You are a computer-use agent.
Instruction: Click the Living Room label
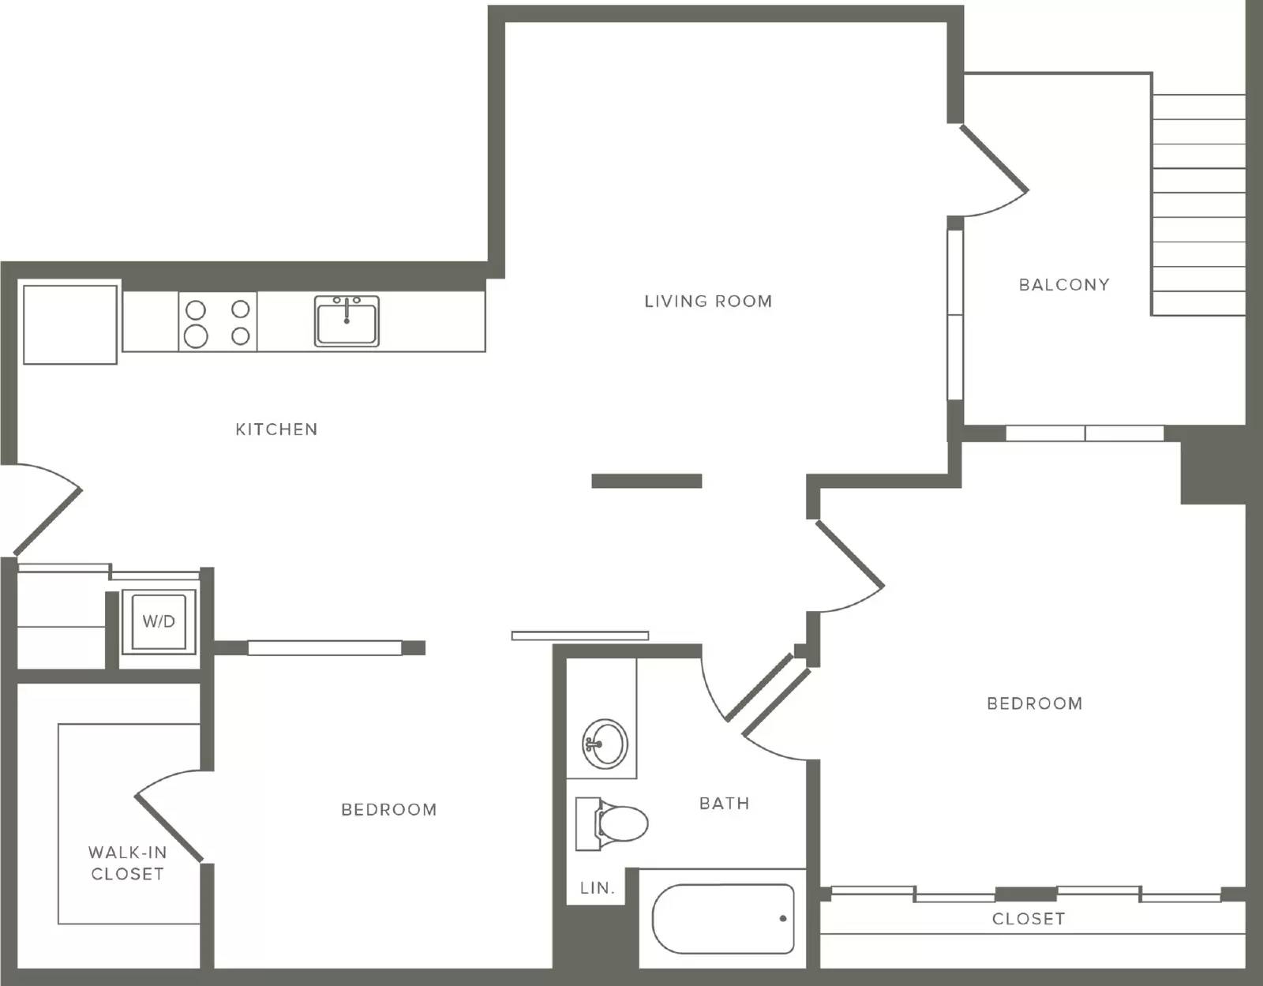[x=708, y=301]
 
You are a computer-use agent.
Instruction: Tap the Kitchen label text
[x=276, y=429]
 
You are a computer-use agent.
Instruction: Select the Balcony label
[x=1064, y=285]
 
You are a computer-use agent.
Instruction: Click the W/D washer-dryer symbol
[x=159, y=622]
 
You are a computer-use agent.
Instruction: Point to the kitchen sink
[x=347, y=321]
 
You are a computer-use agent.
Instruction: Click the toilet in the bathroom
[x=612, y=823]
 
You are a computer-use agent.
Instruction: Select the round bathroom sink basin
[x=605, y=744]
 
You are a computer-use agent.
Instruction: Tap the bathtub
[x=723, y=919]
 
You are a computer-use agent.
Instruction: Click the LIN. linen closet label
[x=598, y=888]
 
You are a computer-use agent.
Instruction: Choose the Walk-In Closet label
[x=128, y=863]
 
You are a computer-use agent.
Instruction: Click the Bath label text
[x=724, y=803]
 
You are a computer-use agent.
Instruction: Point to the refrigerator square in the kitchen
[x=70, y=324]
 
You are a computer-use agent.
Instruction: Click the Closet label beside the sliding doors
[x=1029, y=919]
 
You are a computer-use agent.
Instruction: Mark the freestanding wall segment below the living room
[x=647, y=481]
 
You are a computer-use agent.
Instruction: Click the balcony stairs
[x=1198, y=205]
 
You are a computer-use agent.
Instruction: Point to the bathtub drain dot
[x=783, y=919]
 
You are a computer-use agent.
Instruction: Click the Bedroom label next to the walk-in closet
[x=389, y=809]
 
